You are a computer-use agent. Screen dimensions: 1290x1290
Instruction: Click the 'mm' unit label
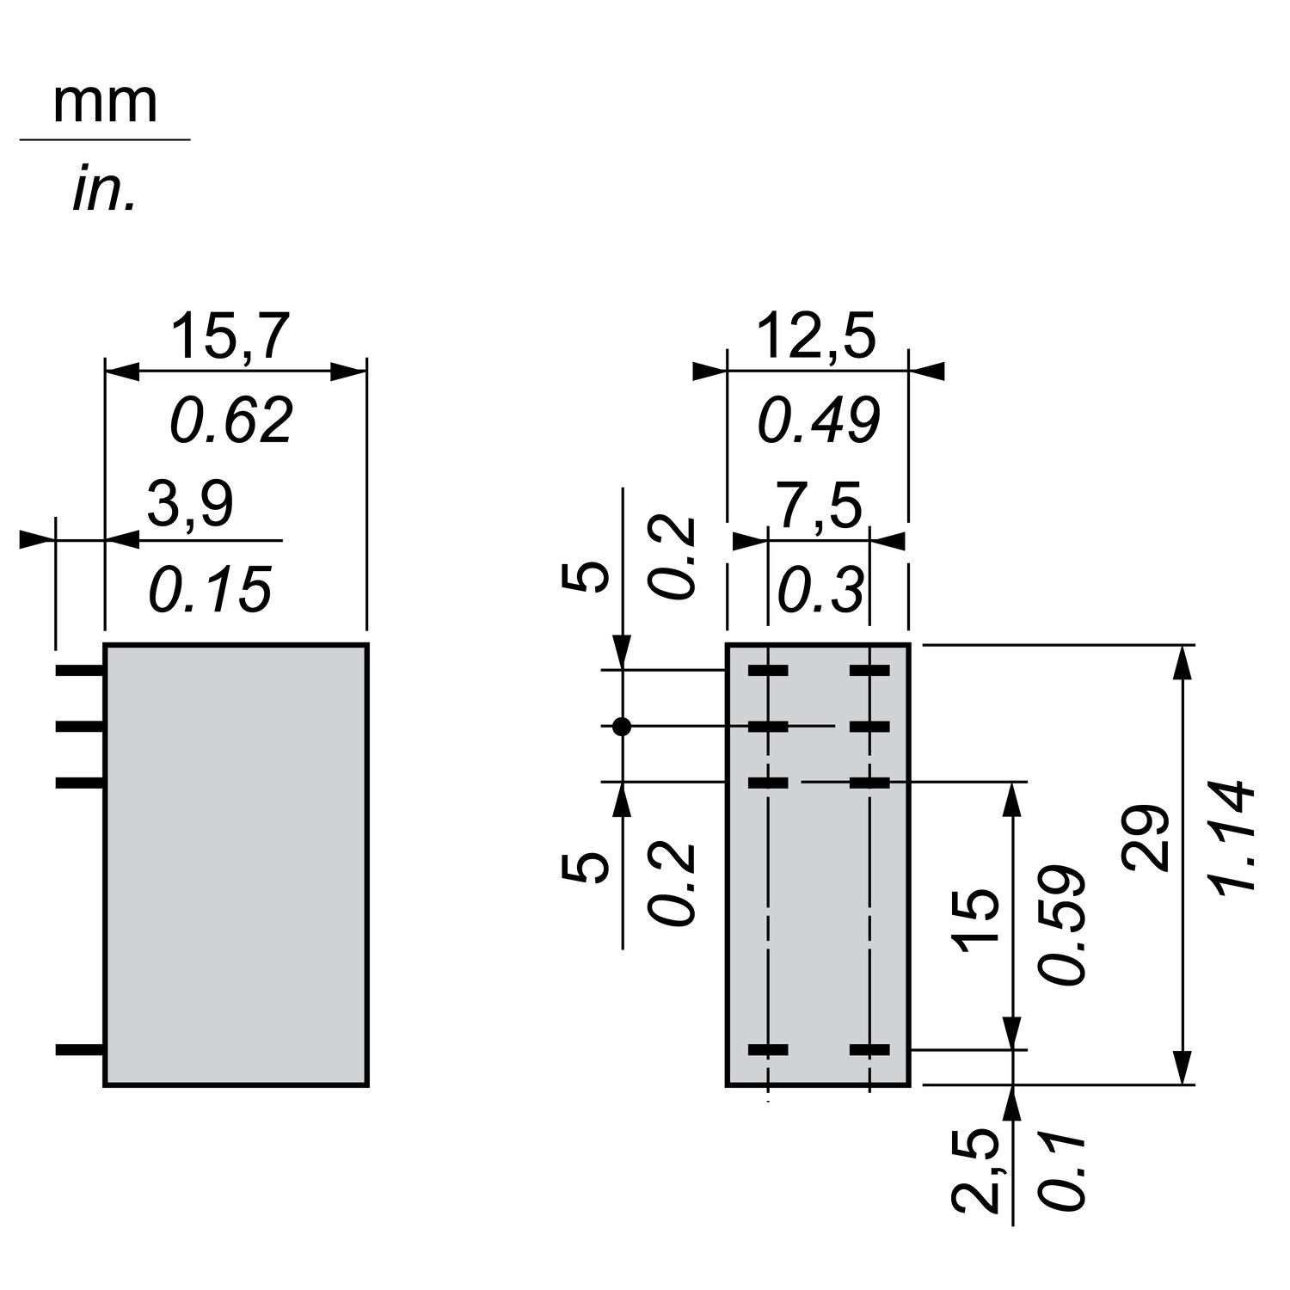pyautogui.click(x=105, y=105)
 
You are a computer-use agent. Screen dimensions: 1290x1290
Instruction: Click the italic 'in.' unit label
pyautogui.click(x=104, y=191)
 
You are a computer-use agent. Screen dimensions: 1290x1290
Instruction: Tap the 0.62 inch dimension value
pyautogui.click(x=231, y=421)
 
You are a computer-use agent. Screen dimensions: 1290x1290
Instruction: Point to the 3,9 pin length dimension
pyautogui.click(x=190, y=505)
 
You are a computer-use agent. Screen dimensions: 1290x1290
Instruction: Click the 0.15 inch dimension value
pyautogui.click(x=210, y=590)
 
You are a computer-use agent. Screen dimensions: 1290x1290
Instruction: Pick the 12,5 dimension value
pyautogui.click(x=816, y=337)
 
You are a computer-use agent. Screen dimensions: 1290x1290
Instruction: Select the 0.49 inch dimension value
pyautogui.click(x=818, y=421)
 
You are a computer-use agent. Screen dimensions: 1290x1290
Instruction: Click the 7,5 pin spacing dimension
pyautogui.click(x=820, y=507)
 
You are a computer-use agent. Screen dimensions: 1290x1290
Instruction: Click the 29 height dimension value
pyautogui.click(x=1147, y=838)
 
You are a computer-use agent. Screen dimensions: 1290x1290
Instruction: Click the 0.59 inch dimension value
pyautogui.click(x=1061, y=925)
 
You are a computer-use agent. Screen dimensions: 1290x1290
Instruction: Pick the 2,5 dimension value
pyautogui.click(x=977, y=1170)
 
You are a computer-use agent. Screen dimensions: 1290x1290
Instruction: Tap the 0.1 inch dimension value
pyautogui.click(x=1061, y=1172)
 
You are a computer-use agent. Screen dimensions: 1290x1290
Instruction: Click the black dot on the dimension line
pyautogui.click(x=622, y=727)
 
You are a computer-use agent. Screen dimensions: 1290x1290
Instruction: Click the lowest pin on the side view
pyautogui.click(x=80, y=1049)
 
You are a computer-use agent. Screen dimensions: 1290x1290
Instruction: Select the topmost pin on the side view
pyautogui.click(x=80, y=670)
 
